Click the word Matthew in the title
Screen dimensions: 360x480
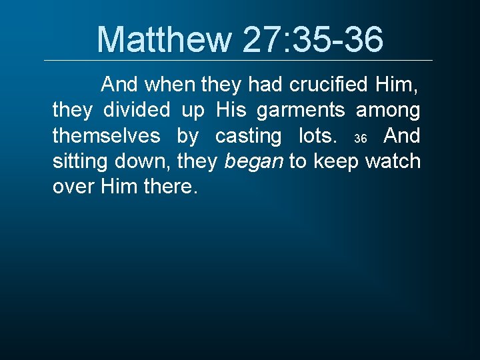pyautogui.click(x=163, y=39)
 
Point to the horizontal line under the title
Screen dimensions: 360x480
pyautogui.click(x=238, y=61)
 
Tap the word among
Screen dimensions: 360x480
pyautogui.click(x=388, y=111)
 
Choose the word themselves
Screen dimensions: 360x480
pyautogui.click(x=106, y=136)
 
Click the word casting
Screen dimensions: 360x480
pyautogui.click(x=248, y=136)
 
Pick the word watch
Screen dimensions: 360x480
pyautogui.click(x=393, y=161)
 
